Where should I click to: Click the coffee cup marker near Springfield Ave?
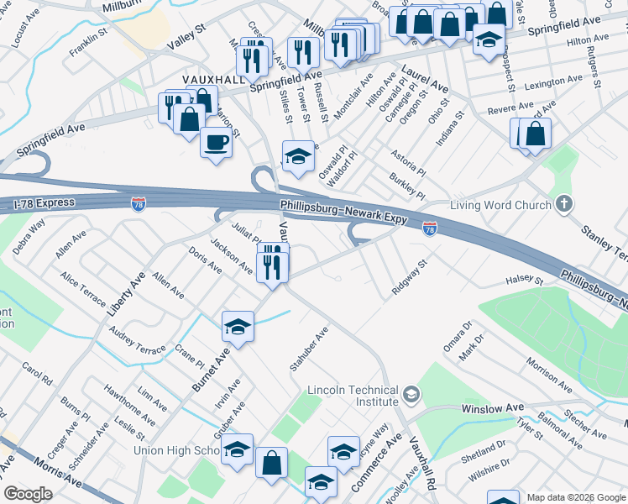217,143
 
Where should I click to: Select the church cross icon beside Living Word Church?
564,204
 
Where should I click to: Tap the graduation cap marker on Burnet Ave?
238,327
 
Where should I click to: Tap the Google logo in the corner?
29,494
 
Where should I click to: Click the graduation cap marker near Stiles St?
298,155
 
